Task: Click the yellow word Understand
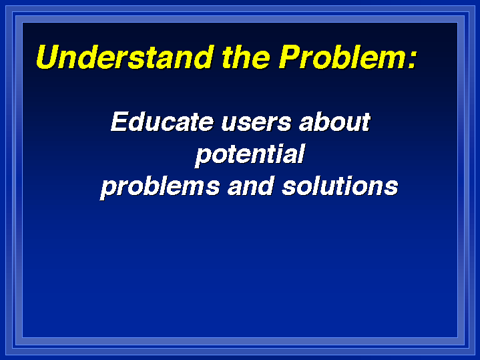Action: pos(125,57)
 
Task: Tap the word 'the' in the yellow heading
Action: pos(246,57)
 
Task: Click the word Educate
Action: pos(162,122)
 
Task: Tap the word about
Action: pos(334,122)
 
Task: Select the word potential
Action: pos(250,155)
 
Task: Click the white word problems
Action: pos(160,187)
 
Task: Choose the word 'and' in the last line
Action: pos(250,186)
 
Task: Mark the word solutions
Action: pos(340,186)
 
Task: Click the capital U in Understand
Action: pos(48,57)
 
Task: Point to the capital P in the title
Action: pos(290,57)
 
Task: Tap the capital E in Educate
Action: pos(119,122)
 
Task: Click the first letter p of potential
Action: pos(203,158)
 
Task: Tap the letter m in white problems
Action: pos(191,187)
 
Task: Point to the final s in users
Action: pos(284,124)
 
